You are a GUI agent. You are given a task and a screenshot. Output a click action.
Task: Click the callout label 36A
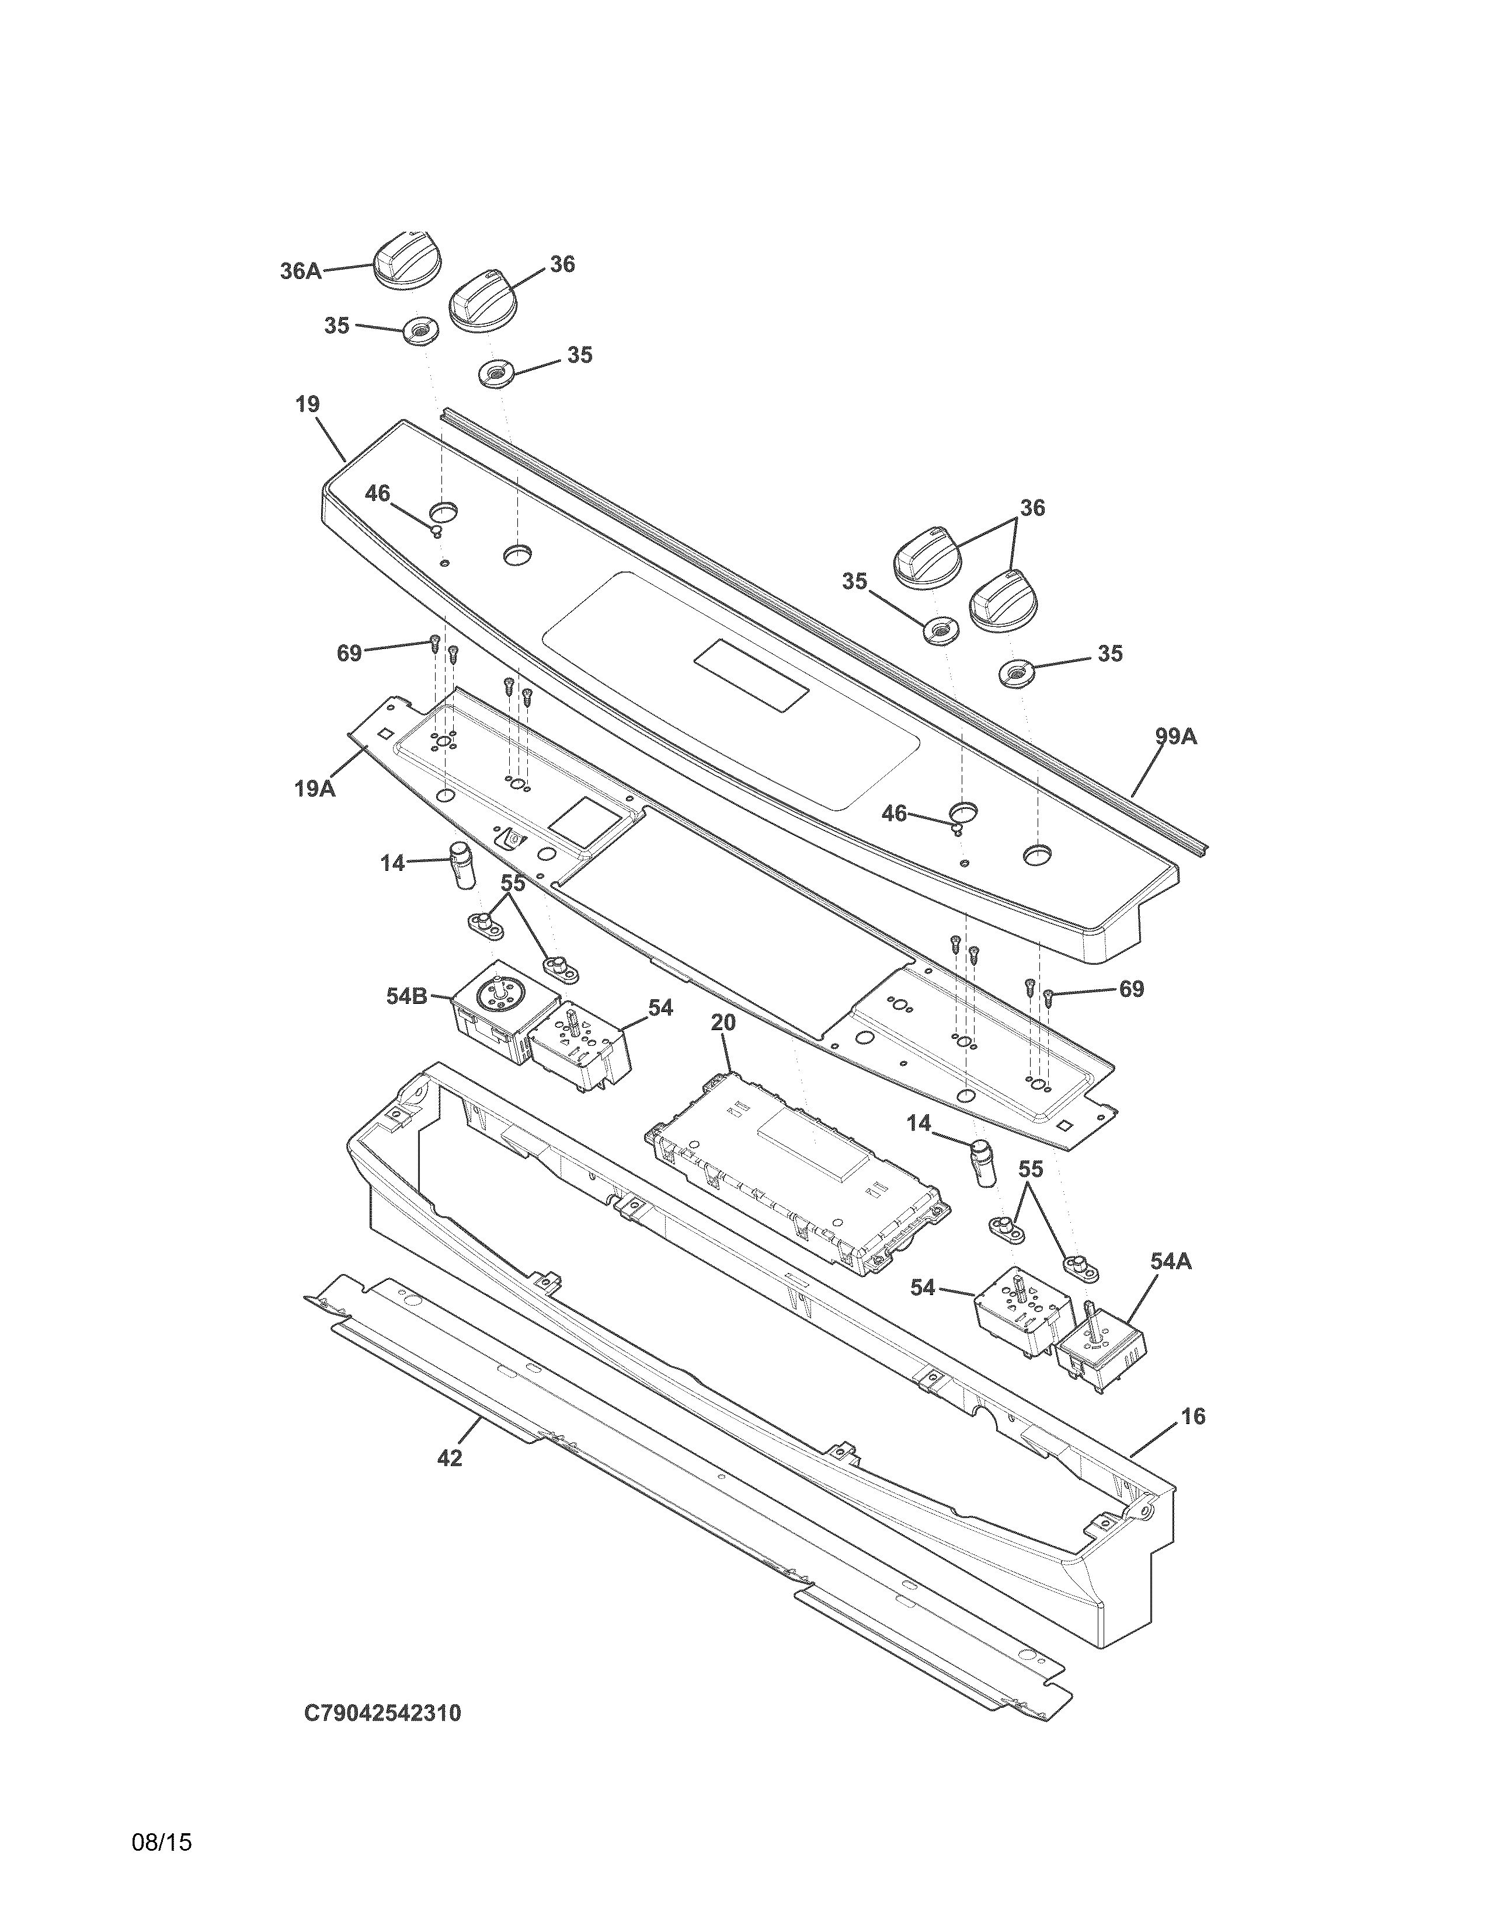coord(301,271)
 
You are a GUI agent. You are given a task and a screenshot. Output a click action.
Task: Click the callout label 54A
coord(1171,1262)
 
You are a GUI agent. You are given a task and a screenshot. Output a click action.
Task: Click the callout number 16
coord(1192,1416)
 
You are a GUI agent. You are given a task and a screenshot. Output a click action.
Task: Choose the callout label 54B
coord(406,996)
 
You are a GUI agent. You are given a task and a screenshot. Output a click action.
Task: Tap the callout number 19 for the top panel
coord(307,405)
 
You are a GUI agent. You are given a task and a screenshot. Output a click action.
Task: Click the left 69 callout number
coord(349,654)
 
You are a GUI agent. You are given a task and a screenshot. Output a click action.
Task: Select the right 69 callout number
coord(1132,989)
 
